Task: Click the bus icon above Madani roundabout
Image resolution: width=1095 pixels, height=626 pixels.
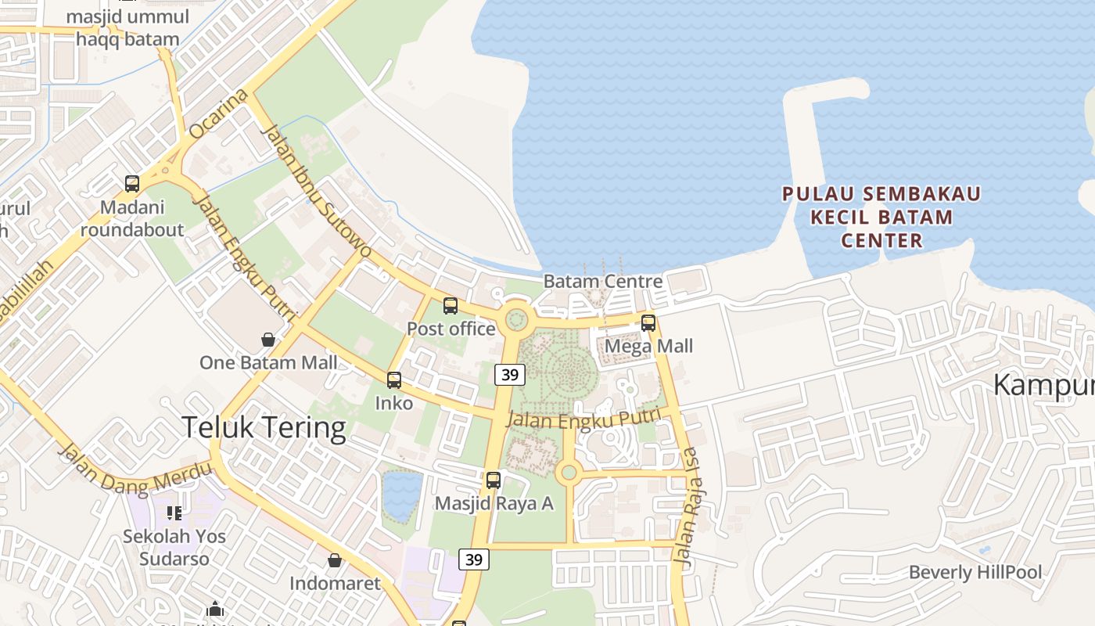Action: click(x=132, y=184)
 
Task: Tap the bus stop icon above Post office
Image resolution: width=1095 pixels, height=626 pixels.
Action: click(x=451, y=306)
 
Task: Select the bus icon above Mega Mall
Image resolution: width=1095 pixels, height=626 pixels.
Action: click(x=648, y=322)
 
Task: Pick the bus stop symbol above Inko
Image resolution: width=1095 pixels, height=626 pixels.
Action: click(x=394, y=380)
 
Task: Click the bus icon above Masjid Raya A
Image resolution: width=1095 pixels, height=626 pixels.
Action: click(x=494, y=480)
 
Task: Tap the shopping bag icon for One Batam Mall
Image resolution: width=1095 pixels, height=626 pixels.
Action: click(x=268, y=340)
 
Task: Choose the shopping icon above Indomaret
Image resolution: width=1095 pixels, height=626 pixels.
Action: click(x=335, y=560)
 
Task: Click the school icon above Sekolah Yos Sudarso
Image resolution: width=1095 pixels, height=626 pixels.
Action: click(x=174, y=513)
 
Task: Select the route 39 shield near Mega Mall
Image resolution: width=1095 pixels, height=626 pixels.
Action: click(x=509, y=375)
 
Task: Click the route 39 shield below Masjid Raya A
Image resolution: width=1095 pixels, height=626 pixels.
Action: click(x=473, y=559)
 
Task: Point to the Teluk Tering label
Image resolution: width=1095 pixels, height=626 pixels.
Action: click(x=264, y=428)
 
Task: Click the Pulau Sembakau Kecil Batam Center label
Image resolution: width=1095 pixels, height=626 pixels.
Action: click(x=881, y=217)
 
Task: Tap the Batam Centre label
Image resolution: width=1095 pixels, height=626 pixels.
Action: click(x=602, y=281)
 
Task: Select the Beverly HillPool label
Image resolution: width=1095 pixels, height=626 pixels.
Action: click(x=975, y=572)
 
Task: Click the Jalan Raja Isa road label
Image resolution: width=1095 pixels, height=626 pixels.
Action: click(x=686, y=508)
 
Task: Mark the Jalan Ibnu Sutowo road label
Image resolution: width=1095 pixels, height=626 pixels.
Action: click(x=315, y=190)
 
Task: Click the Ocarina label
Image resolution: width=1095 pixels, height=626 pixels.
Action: click(x=218, y=114)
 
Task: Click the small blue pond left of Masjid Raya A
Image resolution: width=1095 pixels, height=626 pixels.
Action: click(x=402, y=495)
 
